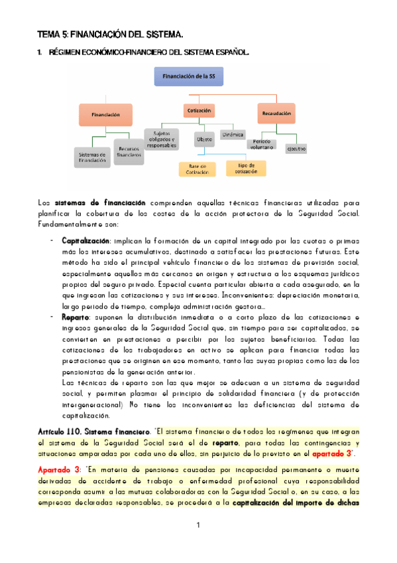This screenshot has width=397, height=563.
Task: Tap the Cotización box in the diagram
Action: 199,110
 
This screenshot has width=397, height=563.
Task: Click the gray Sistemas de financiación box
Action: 92,157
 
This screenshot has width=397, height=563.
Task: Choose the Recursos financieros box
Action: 129,151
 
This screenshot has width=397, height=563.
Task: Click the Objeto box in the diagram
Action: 204,139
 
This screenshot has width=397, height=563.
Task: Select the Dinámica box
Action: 233,134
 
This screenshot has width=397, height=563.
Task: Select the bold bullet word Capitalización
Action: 85,240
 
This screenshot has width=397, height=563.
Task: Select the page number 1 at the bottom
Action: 198,526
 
